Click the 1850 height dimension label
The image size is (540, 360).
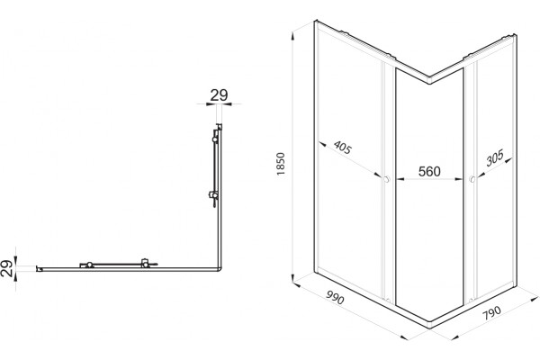[281, 164]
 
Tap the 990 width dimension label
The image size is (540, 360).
[335, 297]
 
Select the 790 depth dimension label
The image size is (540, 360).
[491, 313]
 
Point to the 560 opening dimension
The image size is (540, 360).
[429, 171]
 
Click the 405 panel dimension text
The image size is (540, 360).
[343, 147]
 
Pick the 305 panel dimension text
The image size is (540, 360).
[495, 157]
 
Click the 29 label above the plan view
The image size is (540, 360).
[219, 95]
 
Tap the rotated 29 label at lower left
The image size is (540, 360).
[7, 268]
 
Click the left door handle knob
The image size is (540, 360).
[387, 179]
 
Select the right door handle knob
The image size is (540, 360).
[472, 179]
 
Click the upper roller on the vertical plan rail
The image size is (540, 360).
[215, 139]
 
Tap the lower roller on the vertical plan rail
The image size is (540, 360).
[215, 195]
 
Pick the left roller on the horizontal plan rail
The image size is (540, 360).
[89, 265]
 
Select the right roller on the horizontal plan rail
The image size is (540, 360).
[145, 264]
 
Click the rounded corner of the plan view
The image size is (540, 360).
[220, 269]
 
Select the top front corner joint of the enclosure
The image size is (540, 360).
[429, 80]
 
